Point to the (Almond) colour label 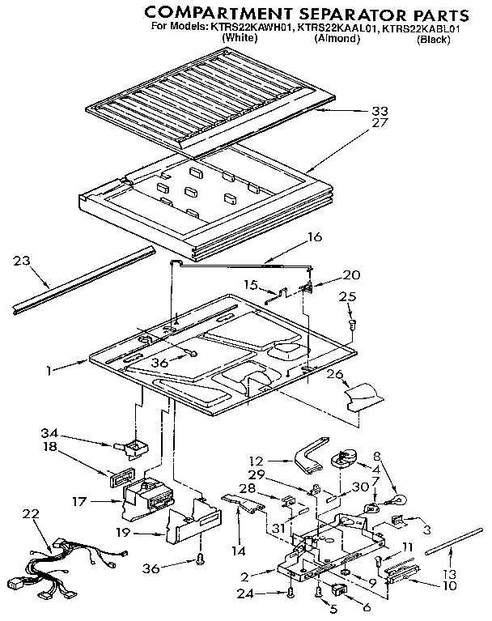click(337, 38)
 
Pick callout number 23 click(23, 261)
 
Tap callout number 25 click(347, 298)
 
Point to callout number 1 click(49, 371)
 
